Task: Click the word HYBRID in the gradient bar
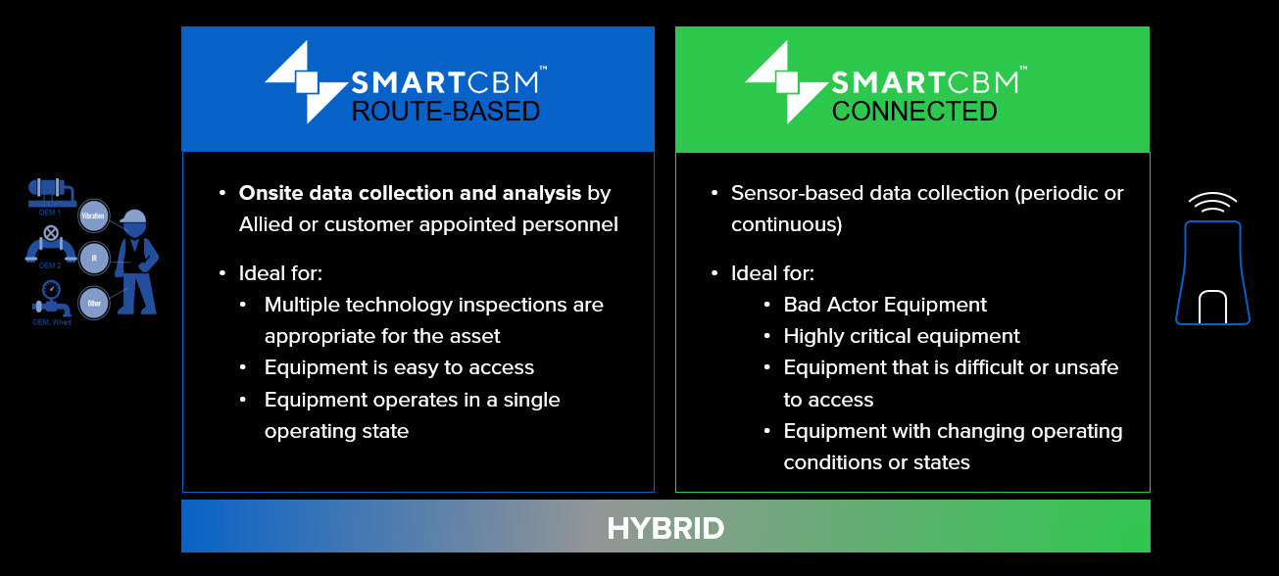pos(665,529)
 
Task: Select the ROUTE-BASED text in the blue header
pos(446,112)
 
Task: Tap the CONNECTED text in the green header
pos(913,112)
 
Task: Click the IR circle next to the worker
pos(94,257)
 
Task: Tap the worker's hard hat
pos(134,216)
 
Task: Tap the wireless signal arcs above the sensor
pos(1212,203)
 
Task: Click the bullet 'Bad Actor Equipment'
pos(885,305)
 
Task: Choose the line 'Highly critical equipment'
pos(902,336)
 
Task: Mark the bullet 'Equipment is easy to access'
pos(399,367)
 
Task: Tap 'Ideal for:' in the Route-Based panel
pos(280,272)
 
